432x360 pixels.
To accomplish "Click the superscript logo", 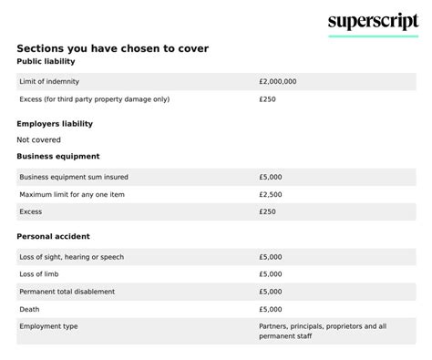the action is pos(373,22).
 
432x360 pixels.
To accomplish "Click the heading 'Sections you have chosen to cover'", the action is pos(118,47).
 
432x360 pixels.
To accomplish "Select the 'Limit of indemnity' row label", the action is pos(51,81).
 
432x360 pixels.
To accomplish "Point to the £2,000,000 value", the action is pos(278,81).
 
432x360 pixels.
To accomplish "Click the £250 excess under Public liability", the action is pos(267,99).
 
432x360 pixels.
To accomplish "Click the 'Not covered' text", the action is pos(39,139).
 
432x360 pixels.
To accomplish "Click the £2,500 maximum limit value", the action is pos(271,194).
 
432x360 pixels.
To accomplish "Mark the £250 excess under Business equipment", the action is pos(267,212).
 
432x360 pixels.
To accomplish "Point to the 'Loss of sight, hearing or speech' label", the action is pos(71,256).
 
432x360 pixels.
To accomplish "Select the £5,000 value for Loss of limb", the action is pos(271,273).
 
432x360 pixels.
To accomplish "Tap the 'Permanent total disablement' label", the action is pos(67,292).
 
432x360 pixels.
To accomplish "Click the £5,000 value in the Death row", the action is pos(271,309).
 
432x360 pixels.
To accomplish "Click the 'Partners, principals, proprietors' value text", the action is pos(323,325).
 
